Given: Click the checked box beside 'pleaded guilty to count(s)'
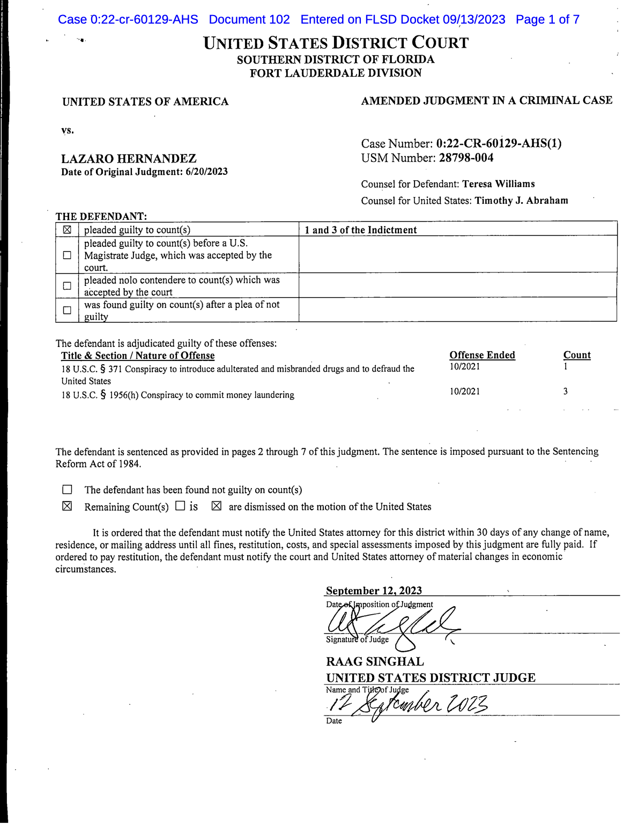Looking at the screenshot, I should pos(67,230).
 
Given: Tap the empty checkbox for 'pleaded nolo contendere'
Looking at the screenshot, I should pos(67,286).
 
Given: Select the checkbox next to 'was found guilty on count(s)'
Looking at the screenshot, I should pos(67,311).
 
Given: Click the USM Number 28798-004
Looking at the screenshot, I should pos(466,158).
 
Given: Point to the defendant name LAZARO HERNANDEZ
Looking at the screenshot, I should pos(129,159).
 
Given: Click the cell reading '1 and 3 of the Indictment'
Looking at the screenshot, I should pos(360,230).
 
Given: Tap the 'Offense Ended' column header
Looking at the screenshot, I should pos(482,355).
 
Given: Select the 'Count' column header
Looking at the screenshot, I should pos(577,355).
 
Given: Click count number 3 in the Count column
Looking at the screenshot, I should pos(566,392).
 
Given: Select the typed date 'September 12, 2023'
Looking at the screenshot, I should pos(374,591).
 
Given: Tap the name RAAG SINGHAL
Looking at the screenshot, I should pos(375,662).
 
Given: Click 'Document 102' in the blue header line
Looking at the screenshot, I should pos(249,20).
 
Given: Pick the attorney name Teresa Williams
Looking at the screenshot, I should pos(499,184).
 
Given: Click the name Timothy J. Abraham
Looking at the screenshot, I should pos(521,201).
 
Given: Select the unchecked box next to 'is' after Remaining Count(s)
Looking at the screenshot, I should pos(181,506).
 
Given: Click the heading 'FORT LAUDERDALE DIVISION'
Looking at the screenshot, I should pos(336,73).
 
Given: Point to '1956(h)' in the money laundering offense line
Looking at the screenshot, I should pos(124,395).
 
